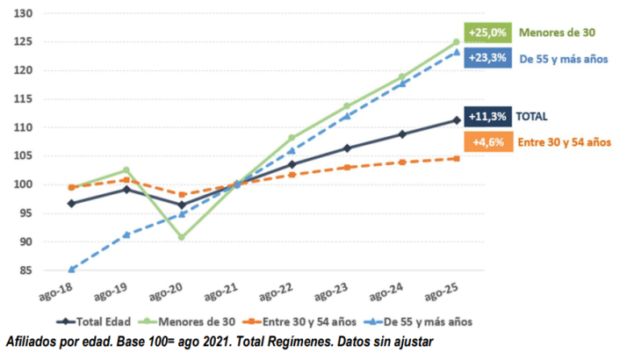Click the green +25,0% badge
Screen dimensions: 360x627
[488, 32]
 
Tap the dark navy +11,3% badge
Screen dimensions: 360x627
[488, 116]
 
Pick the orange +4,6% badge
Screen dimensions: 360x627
[488, 141]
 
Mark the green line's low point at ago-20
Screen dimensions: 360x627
[181, 237]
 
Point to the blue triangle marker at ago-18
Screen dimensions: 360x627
[71, 269]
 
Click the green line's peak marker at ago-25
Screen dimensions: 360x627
[457, 42]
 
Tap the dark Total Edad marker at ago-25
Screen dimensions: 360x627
[457, 120]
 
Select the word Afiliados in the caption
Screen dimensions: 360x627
[32, 341]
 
